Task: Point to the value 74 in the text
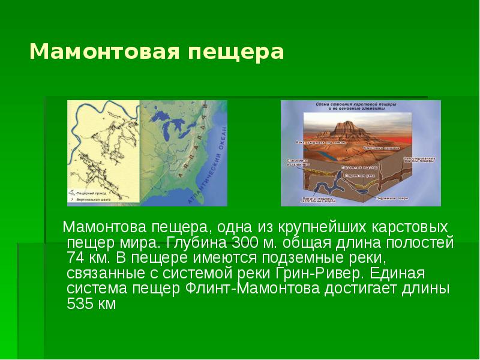point(78,259)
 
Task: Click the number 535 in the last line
point(82,304)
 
